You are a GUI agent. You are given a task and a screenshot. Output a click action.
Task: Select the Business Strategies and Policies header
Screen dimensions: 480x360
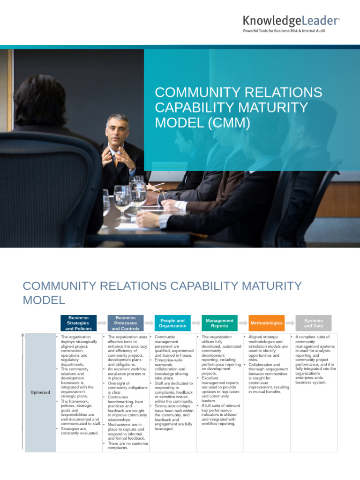coord(78,323)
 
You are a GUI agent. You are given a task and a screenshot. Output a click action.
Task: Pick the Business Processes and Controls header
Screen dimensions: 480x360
coord(126,323)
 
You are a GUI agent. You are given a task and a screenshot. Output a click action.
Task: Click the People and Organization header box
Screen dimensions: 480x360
coord(172,323)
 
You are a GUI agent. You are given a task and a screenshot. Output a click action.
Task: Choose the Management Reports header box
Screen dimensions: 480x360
coord(219,323)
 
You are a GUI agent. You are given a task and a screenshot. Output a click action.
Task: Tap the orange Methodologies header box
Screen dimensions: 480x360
coord(266,323)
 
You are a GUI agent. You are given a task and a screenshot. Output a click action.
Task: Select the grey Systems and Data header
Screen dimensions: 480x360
coord(313,323)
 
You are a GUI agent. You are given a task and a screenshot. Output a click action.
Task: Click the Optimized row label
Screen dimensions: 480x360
coord(40,392)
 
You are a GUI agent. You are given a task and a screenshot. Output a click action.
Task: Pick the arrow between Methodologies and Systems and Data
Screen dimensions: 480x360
coord(290,323)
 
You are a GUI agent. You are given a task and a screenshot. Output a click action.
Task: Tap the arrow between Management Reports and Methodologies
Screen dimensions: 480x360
coord(243,323)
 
